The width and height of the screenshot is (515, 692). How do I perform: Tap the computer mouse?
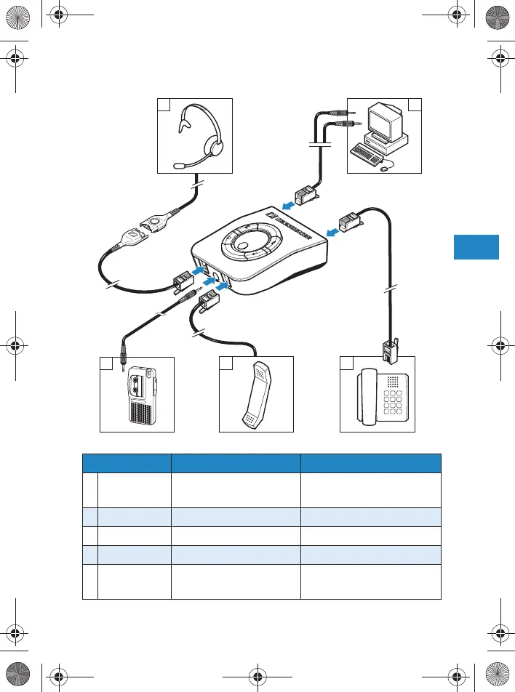384,168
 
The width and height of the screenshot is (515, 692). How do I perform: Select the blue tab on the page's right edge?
476,246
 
